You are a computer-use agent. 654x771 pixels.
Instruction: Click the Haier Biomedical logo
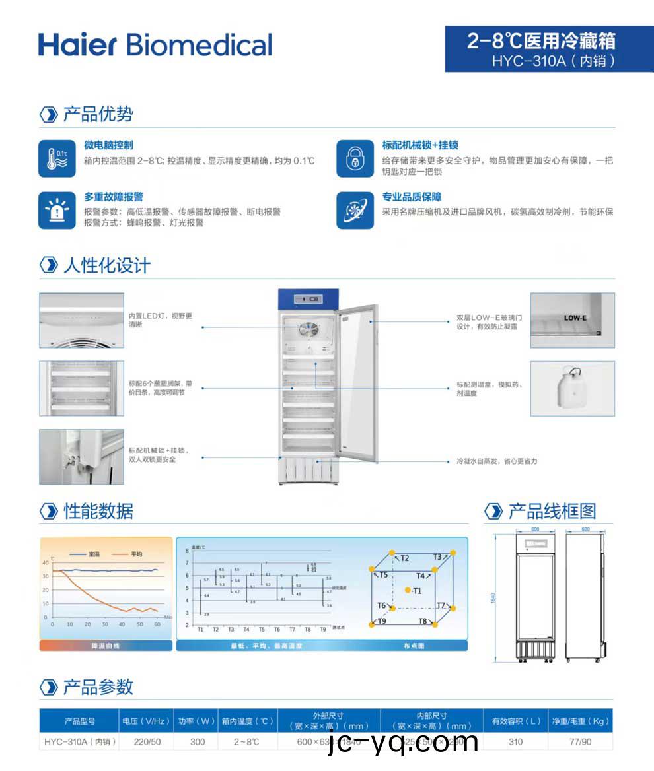[155, 45]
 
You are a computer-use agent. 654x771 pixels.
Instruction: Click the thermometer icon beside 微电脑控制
[57, 158]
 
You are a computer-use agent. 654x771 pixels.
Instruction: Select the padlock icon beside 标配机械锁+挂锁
[355, 158]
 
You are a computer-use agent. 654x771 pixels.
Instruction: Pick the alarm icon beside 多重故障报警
[57, 210]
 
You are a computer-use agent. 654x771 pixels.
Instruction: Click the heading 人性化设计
[106, 265]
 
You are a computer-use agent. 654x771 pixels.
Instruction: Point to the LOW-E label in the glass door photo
[575, 318]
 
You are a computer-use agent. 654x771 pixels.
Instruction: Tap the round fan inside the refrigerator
[307, 330]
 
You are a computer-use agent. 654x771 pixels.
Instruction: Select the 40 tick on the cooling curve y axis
[45, 563]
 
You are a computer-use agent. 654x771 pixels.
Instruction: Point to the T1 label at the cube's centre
[417, 591]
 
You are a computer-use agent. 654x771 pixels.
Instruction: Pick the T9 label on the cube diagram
[382, 621]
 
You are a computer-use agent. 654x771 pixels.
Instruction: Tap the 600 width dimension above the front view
[534, 529]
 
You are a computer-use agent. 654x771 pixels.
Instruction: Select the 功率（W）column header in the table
[197, 721]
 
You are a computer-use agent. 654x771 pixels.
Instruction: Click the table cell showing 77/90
[581, 742]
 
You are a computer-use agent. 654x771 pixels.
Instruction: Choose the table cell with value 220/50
[147, 742]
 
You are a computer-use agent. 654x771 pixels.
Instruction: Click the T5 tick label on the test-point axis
[262, 630]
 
